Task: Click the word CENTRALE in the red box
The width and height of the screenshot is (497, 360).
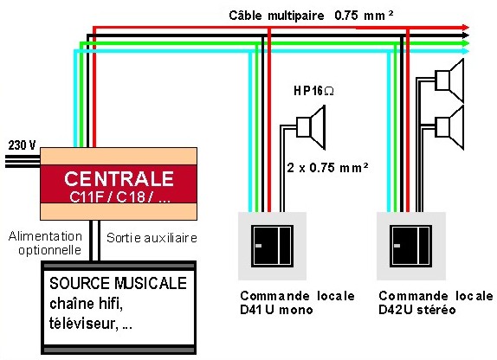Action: [119, 179]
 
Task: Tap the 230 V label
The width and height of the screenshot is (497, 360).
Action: [22, 145]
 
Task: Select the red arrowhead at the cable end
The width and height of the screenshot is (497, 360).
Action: [465, 27]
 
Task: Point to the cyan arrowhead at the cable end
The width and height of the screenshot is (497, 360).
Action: [465, 51]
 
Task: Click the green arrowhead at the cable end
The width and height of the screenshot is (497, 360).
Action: [465, 43]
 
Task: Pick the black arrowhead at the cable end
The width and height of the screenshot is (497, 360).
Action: [465, 35]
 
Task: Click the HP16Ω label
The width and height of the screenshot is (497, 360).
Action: [313, 91]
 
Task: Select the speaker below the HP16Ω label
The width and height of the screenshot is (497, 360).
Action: [311, 127]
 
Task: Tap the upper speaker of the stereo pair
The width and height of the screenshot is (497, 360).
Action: [449, 80]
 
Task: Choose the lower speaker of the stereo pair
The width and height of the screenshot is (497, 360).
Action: [449, 127]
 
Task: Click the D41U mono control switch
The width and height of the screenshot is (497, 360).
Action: [272, 246]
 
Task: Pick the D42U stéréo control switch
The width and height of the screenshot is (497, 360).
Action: [411, 246]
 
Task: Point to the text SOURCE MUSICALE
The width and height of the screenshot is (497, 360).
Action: [118, 283]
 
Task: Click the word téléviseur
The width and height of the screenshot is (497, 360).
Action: [81, 324]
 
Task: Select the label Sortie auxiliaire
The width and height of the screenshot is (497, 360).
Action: [152, 238]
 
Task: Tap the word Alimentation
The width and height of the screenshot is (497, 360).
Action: [45, 236]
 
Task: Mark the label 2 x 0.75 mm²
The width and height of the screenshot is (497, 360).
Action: [328, 167]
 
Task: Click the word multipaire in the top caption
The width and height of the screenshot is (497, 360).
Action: [296, 16]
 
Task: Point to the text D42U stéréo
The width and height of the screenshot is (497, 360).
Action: [417, 309]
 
